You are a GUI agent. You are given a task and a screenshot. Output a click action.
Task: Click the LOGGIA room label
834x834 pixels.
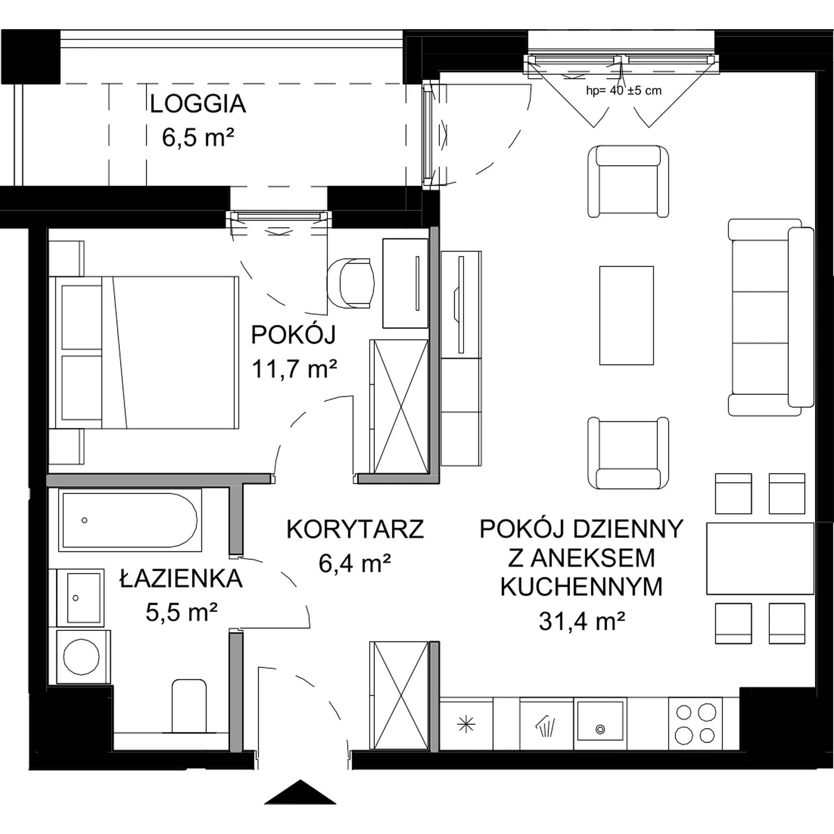198,105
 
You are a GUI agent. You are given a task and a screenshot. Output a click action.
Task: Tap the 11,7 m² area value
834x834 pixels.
294,369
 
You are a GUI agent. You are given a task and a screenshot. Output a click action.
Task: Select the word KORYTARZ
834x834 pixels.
355,529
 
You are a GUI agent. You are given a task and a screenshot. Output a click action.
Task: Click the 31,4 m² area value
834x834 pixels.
581,622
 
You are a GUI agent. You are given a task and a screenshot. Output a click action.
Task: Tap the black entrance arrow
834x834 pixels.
300,792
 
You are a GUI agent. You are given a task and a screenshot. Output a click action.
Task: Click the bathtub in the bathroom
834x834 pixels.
130,520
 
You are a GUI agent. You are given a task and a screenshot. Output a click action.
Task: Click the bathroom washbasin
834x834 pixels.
80,598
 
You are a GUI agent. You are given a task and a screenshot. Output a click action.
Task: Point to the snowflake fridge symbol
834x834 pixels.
466,724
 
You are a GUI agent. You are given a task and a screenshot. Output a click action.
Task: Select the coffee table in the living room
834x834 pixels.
626,316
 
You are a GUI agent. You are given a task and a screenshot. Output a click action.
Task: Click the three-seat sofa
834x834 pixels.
771,317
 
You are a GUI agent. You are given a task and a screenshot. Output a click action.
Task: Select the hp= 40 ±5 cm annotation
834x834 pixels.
623,90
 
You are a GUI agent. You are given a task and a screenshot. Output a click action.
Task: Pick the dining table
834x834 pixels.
760,559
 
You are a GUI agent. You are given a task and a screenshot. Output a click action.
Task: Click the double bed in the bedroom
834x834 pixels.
144,353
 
